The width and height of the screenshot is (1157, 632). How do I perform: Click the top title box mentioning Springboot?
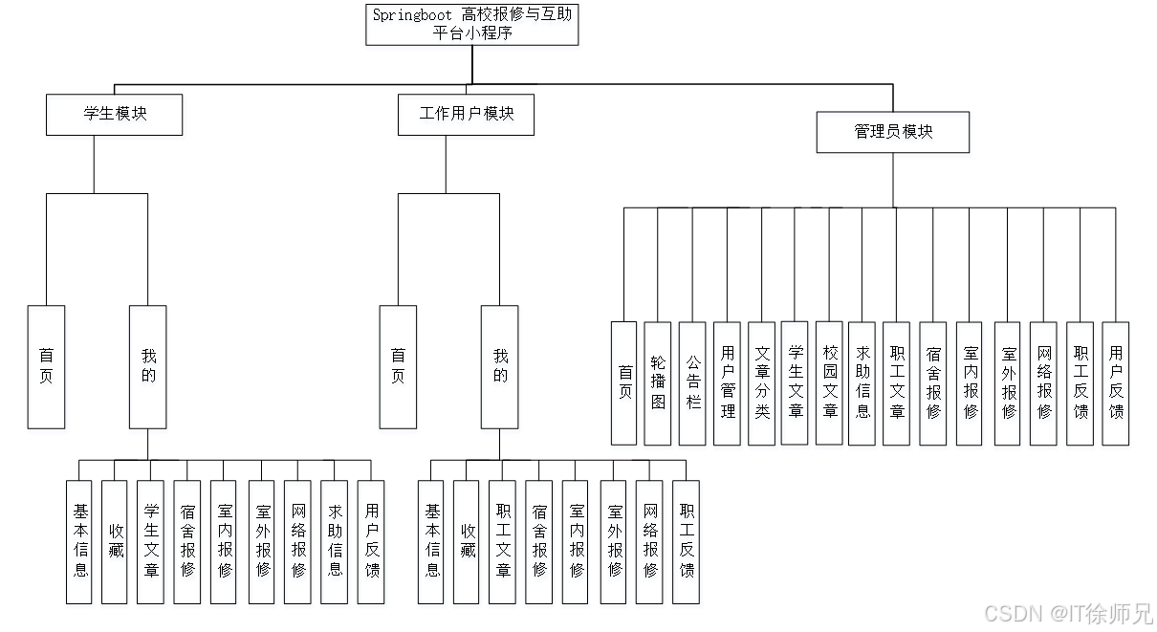[472, 27]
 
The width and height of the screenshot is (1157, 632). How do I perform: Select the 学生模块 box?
[116, 118]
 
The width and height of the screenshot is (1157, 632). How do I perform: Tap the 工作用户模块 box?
[466, 118]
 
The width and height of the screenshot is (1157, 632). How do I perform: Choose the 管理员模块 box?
[893, 135]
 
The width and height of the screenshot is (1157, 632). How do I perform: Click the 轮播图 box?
[658, 385]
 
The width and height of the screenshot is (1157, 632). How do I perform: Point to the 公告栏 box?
[692, 385]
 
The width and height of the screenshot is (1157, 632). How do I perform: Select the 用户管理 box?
[728, 385]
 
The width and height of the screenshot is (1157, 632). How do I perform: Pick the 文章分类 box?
[762, 385]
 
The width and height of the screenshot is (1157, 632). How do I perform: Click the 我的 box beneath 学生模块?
[148, 369]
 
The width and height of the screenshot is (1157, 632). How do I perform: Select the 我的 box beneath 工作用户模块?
[500, 369]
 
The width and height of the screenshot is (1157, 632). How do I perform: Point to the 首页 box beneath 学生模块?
[48, 369]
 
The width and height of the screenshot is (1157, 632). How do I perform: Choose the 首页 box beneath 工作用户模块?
[398, 369]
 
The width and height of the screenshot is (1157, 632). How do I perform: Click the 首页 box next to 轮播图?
[624, 385]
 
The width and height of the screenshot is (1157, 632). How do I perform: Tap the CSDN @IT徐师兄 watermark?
[1067, 613]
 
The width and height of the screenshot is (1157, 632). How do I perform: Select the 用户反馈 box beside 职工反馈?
[1115, 385]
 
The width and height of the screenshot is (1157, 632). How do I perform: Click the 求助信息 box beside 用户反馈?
[336, 545]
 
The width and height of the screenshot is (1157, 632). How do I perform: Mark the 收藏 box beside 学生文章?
[115, 545]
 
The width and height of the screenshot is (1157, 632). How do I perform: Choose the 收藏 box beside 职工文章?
[467, 545]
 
